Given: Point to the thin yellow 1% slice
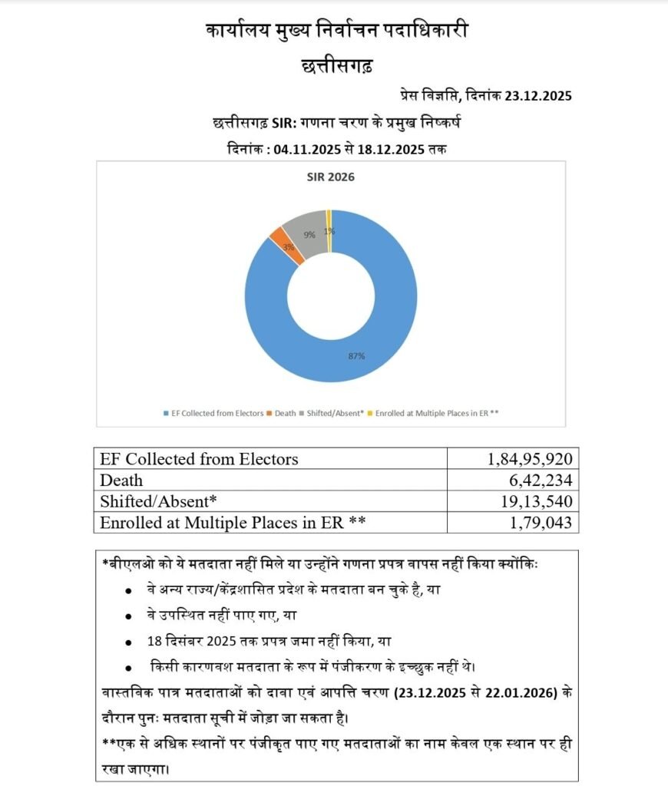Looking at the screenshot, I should click(x=329, y=219).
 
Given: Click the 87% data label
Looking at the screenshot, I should click(x=356, y=356).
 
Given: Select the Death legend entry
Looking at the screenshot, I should click(x=285, y=413).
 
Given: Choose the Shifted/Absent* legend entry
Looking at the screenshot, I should click(x=336, y=413).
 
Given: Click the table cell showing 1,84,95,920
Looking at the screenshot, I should click(x=530, y=459).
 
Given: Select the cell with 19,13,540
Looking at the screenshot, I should click(x=535, y=501).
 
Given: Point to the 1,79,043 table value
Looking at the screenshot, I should click(x=540, y=523).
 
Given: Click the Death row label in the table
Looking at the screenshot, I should click(x=121, y=480).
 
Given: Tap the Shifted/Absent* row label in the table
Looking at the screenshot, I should click(x=159, y=501).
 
